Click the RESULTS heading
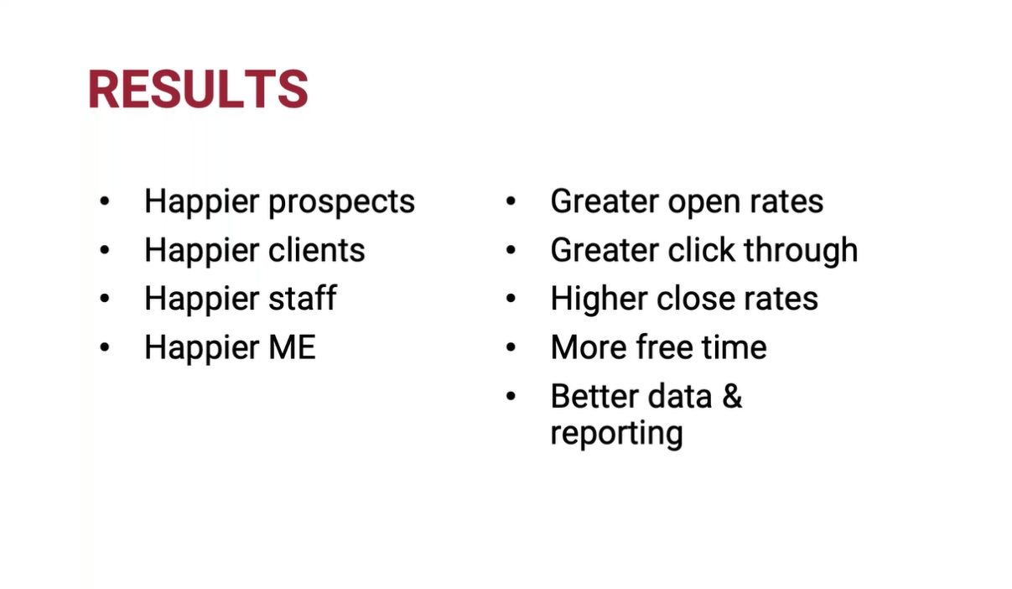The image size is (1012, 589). (198, 89)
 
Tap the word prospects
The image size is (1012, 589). (341, 202)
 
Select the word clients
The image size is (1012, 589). (317, 249)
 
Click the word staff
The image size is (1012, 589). (303, 298)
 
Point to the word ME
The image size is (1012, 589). (292, 347)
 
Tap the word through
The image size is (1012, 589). (801, 250)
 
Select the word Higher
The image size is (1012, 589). (599, 300)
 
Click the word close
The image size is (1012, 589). (695, 299)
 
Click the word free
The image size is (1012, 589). (664, 347)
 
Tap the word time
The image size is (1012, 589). (734, 347)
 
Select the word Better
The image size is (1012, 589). (594, 396)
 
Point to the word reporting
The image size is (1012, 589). (617, 434)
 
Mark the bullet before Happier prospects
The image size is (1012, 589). (105, 201)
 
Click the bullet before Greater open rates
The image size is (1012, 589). (511, 201)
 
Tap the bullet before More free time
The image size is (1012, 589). (511, 347)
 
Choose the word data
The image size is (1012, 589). (680, 396)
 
